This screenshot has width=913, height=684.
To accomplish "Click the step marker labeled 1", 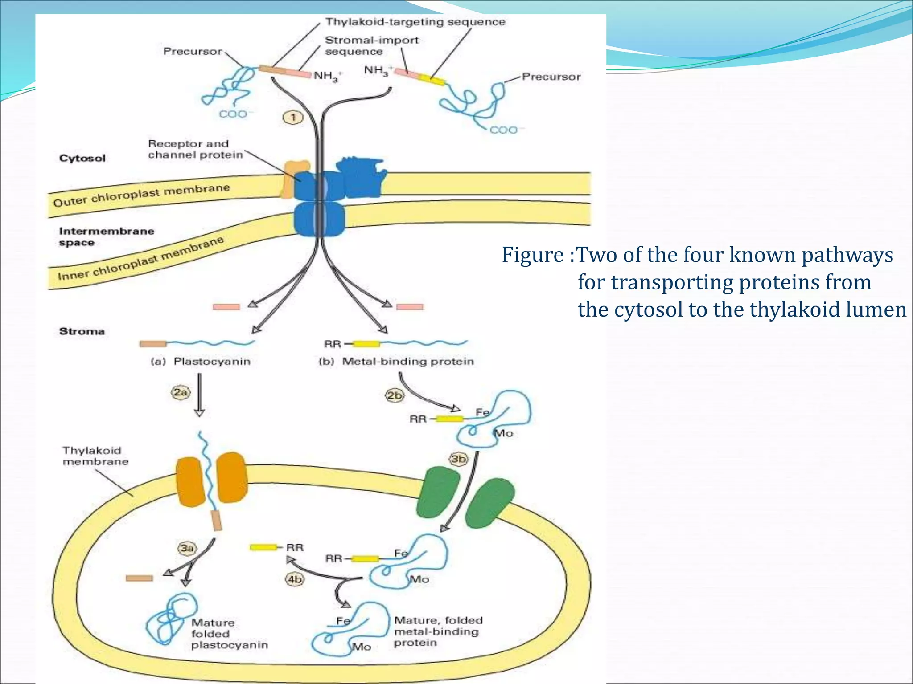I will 293,118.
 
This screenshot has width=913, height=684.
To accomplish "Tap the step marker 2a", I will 181,393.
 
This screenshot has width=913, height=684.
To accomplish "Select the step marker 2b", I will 395,395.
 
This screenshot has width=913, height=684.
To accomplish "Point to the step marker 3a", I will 187,548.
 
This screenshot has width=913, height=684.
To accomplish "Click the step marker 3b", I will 458,459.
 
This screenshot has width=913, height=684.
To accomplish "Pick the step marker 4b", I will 295,579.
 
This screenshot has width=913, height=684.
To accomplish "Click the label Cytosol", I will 82,159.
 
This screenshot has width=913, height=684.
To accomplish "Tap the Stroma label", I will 82,331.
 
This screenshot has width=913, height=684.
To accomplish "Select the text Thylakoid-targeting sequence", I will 415,22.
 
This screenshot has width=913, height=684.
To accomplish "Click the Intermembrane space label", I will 106,236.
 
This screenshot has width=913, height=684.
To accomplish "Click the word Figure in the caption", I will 533,255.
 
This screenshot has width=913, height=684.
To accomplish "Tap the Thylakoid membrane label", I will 95,456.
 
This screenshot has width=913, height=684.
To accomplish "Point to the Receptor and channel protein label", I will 195,149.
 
